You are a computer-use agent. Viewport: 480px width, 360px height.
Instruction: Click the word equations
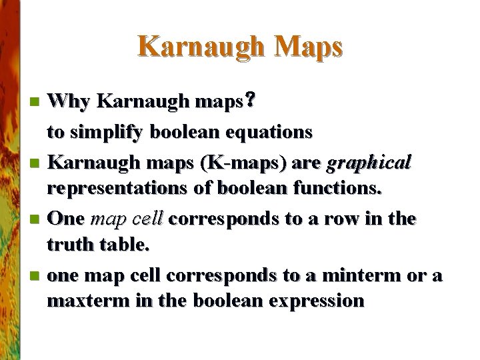pyautogui.click(x=272, y=132)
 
